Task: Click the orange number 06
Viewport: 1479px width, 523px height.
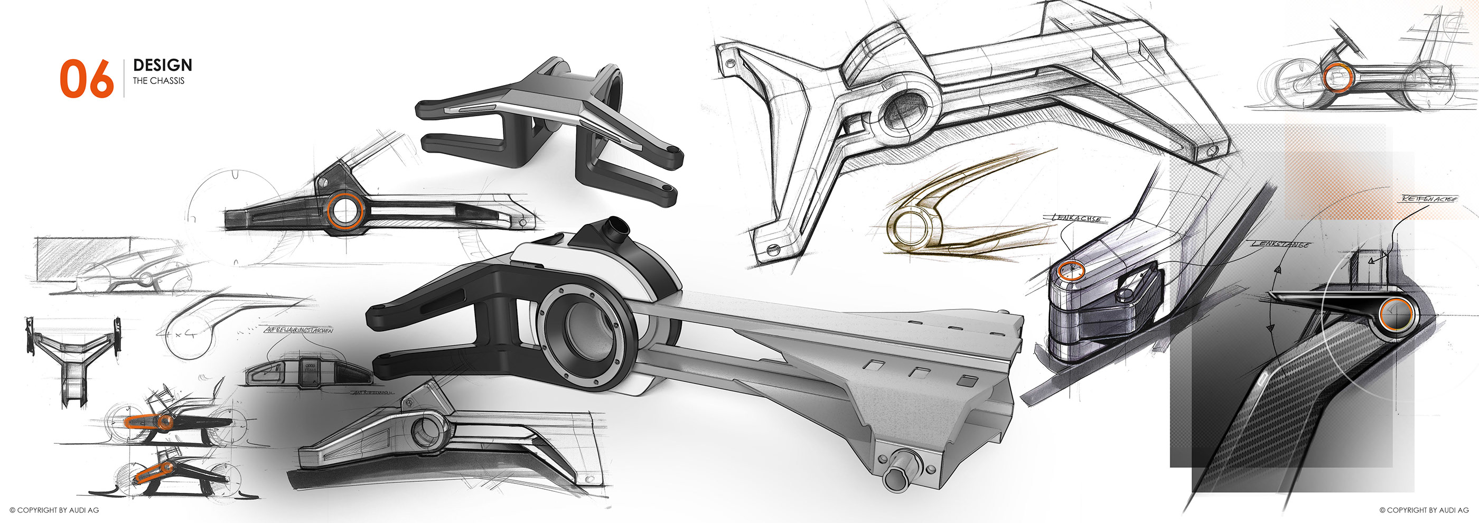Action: click(x=87, y=79)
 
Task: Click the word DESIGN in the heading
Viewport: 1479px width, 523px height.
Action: click(x=163, y=66)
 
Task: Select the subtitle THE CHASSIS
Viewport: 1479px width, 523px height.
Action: click(x=158, y=81)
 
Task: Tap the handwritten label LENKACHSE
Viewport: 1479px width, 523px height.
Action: click(x=1077, y=219)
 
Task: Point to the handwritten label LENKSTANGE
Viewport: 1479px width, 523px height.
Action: click(x=1280, y=245)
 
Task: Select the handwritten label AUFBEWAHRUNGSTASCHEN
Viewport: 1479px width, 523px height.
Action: click(x=298, y=331)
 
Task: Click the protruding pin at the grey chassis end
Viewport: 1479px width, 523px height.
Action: click(x=898, y=478)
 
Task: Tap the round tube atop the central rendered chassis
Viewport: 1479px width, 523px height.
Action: click(x=619, y=229)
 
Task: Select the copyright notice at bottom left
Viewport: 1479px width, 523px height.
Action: click(x=54, y=510)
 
